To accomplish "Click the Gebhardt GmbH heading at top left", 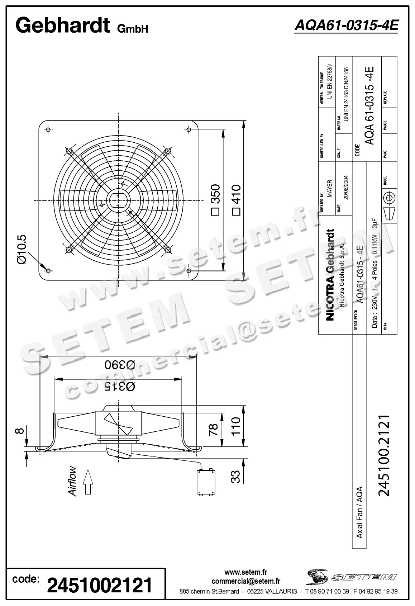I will click(x=82, y=26).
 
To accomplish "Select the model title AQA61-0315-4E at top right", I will click(x=346, y=25).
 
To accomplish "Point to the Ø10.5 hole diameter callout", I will click(x=22, y=250).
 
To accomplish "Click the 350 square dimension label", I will click(x=215, y=199).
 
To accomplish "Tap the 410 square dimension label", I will click(x=236, y=199).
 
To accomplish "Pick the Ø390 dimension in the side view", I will click(x=120, y=365).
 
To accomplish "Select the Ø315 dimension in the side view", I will click(x=120, y=386).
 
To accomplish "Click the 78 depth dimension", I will click(x=213, y=429).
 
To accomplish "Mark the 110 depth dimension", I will click(x=235, y=426).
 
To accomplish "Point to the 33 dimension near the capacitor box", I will click(x=235, y=477).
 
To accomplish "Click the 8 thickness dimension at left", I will click(x=21, y=430).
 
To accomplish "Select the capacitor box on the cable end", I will click(x=206, y=482).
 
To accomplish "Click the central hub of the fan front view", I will click(x=118, y=199).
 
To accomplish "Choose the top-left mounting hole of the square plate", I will click(x=49, y=129).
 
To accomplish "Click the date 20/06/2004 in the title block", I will click(x=346, y=187).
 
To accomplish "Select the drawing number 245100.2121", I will click(x=384, y=455).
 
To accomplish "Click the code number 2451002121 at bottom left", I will click(x=100, y=586).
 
